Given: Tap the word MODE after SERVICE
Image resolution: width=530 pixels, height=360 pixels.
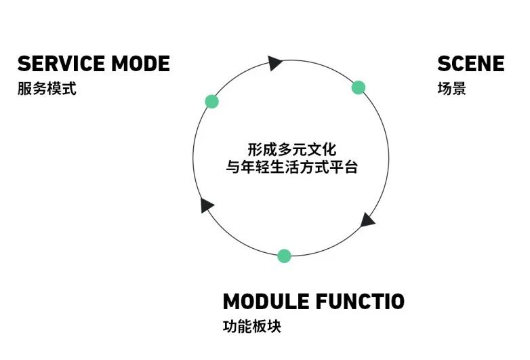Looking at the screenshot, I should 140,64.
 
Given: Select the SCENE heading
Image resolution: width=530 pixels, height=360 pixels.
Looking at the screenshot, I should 470,64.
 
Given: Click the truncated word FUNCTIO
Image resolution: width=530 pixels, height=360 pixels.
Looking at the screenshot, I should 360,301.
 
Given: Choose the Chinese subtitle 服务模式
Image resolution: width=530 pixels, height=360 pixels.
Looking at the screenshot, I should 47,89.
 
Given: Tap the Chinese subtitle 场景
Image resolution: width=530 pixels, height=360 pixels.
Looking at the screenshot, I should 451,89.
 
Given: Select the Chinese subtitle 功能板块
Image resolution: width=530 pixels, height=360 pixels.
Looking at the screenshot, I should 251,326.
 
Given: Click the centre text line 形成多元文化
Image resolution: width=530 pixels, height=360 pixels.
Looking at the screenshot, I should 291,148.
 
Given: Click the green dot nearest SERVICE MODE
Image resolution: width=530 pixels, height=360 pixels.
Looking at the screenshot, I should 212,102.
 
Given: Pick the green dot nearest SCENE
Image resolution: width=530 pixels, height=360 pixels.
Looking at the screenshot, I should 359,87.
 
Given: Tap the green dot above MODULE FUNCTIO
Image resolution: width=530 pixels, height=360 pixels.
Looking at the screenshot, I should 285,256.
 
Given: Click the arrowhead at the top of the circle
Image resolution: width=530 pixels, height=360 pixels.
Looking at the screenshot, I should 274,63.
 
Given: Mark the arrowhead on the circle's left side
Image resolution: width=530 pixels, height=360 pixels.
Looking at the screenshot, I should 207,205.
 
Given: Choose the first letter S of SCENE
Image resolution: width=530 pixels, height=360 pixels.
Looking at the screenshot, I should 445,64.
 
